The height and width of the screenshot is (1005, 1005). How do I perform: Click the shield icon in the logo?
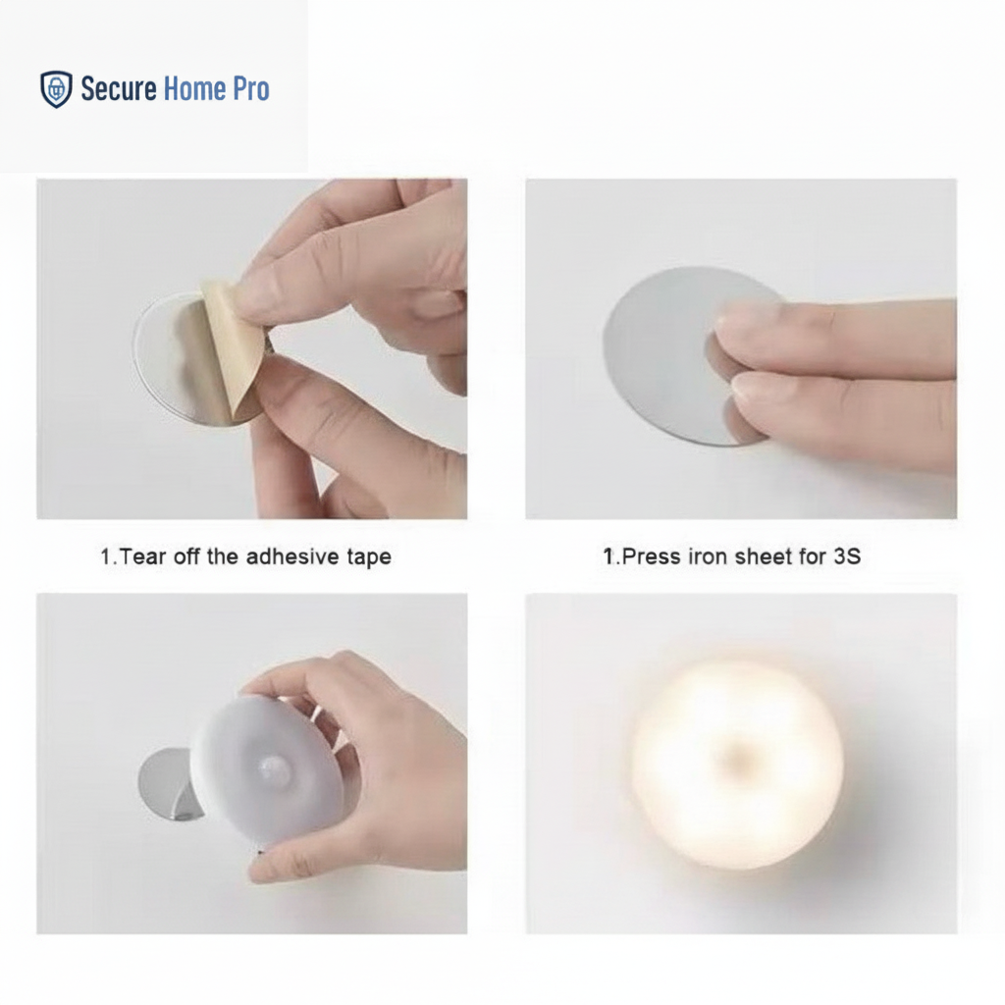(56, 89)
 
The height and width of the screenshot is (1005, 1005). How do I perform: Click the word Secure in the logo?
(119, 88)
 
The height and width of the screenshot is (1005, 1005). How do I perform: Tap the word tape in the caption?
(369, 557)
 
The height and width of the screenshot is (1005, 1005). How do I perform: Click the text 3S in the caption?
(847, 556)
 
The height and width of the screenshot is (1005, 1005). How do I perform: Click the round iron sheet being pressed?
(666, 355)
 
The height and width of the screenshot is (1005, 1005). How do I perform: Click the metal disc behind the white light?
(166, 784)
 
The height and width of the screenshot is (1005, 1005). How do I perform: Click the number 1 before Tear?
(106, 556)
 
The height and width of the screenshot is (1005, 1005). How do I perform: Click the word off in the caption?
(185, 556)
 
